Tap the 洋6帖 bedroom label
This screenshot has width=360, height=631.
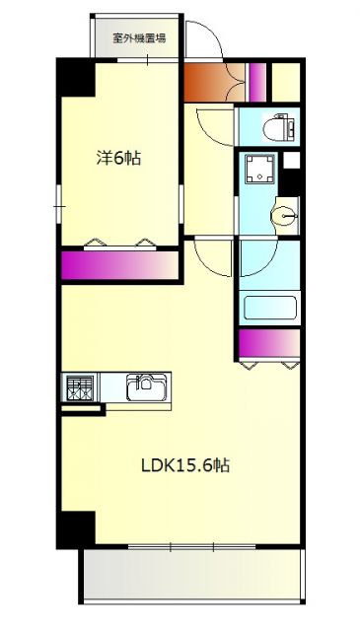tap(117, 157)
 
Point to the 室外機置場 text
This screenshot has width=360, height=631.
tap(138, 39)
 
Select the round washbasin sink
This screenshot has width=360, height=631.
tap(284, 214)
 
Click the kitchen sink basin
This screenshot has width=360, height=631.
tap(146, 386)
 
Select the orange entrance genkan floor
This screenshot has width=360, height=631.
tap(206, 81)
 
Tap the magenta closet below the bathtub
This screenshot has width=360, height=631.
tap(268, 343)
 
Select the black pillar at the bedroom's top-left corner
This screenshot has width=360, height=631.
tap(75, 78)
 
